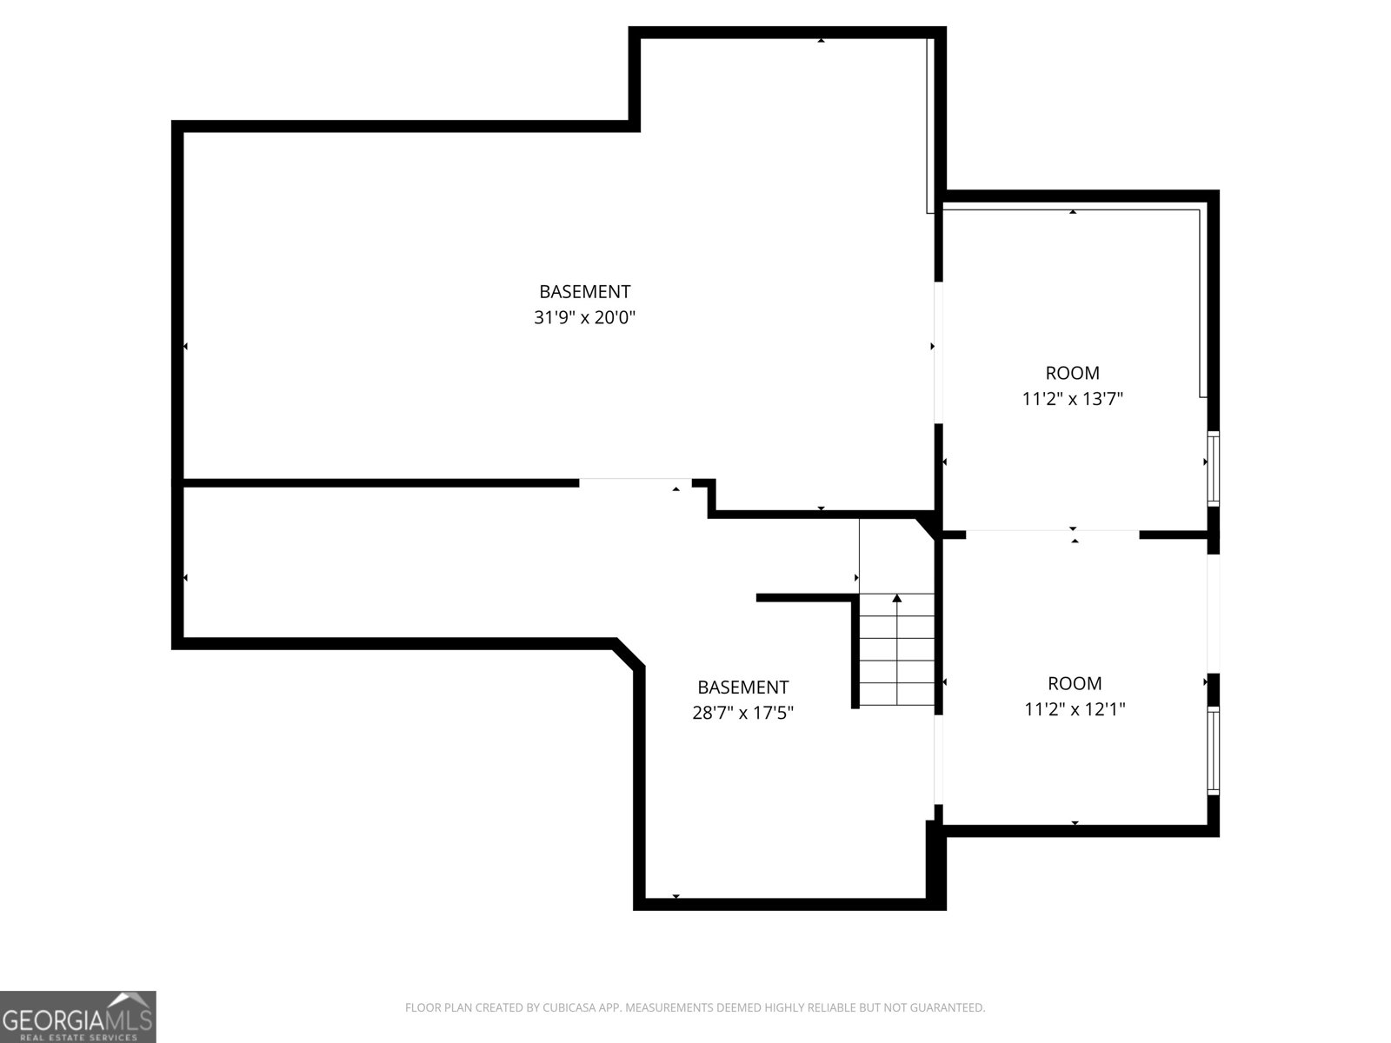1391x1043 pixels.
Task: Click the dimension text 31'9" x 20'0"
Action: (584, 318)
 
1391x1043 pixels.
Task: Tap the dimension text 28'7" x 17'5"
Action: (742, 714)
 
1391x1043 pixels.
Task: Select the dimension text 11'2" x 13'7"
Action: (1072, 399)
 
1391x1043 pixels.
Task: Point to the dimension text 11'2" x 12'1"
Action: (1075, 709)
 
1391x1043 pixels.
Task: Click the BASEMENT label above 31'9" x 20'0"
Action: (584, 292)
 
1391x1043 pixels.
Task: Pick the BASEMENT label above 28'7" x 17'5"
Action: (742, 688)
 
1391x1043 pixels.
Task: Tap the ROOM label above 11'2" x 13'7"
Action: (1072, 373)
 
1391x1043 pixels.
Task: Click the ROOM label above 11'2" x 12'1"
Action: (1075, 683)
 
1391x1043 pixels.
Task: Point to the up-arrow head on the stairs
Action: (897, 598)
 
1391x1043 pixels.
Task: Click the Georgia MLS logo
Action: (77, 1016)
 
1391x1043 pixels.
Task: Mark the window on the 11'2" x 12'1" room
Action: (1213, 749)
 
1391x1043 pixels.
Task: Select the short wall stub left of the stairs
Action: (804, 598)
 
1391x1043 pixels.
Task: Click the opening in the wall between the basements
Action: (635, 480)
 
